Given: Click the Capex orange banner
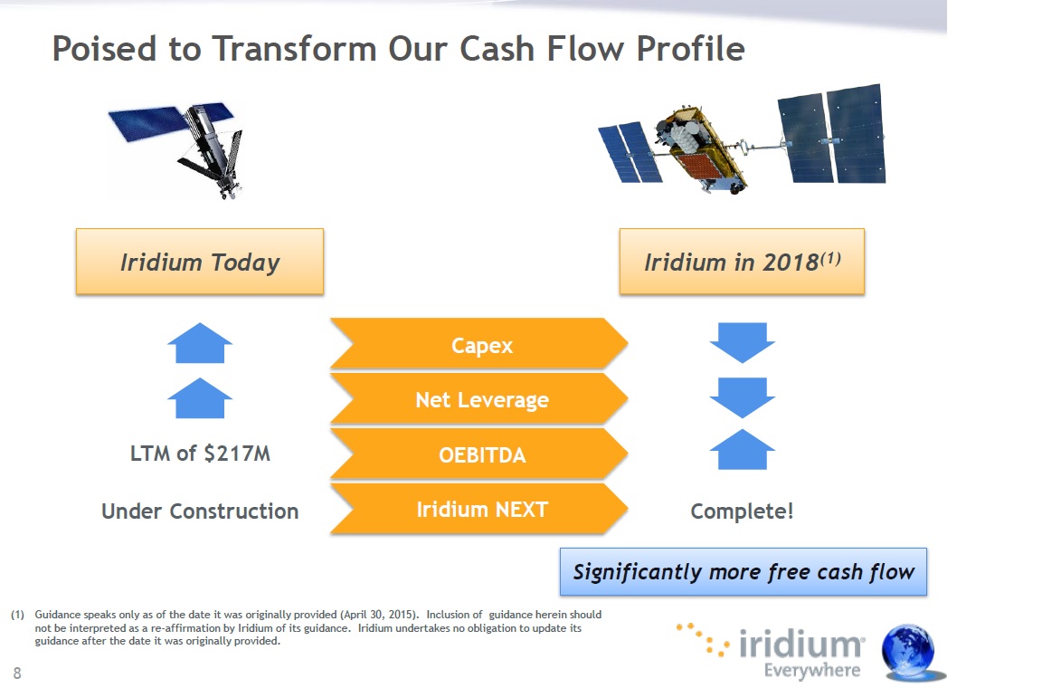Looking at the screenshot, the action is [479, 344].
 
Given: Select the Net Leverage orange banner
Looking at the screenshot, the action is [479, 398].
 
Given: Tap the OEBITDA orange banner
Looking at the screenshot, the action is [479, 454].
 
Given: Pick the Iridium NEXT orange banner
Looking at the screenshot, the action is [479, 509].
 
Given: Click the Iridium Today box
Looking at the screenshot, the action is [200, 262].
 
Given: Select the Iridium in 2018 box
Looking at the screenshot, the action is [742, 262].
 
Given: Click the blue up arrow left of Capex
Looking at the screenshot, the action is [200, 343].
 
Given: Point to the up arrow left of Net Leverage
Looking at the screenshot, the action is [200, 398].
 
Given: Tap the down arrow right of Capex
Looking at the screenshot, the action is [743, 343].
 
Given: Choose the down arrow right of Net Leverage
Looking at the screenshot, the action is [743, 398].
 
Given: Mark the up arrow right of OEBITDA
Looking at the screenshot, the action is [743, 450].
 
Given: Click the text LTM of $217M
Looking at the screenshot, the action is [200, 454].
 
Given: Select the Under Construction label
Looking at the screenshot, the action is [200, 511].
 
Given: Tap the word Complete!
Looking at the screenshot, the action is [742, 511].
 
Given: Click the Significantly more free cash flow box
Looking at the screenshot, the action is [744, 571].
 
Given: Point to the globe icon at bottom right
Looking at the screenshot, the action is [909, 652].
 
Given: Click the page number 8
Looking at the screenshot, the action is [17, 674].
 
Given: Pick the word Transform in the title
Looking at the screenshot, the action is [294, 49].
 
